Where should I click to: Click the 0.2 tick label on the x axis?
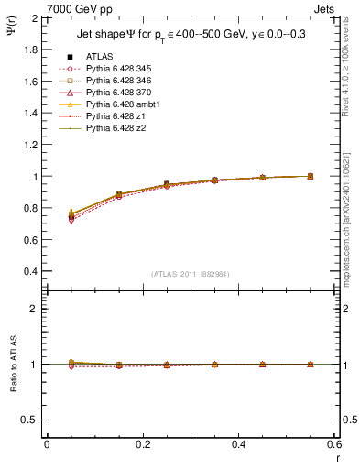[x=142, y=443]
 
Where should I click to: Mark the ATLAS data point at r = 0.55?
[x=310, y=176]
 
